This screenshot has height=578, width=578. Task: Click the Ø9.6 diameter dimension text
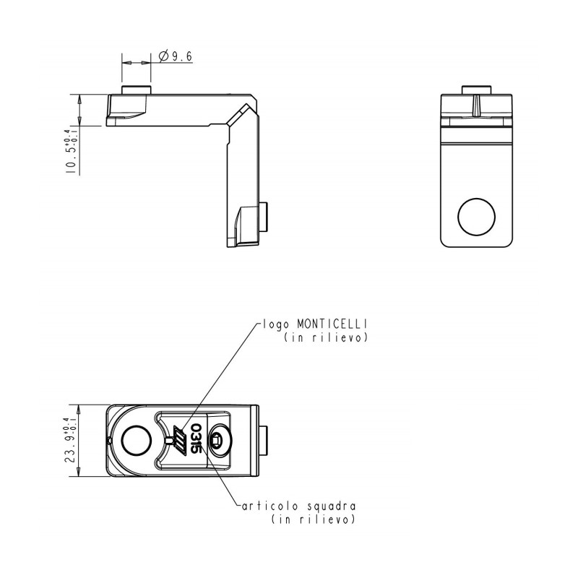coord(176,56)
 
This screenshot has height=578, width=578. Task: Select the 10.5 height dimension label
coord(72,152)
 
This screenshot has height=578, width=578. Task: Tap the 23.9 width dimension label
coord(72,440)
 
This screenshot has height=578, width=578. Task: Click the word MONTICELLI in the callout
coord(332,324)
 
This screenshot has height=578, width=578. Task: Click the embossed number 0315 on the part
coord(196,440)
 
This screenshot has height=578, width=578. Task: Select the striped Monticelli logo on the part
coord(180,440)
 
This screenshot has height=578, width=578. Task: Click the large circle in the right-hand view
coord(476,217)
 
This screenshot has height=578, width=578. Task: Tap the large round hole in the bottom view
coord(136,440)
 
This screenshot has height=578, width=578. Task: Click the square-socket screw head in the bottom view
coord(220,440)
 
